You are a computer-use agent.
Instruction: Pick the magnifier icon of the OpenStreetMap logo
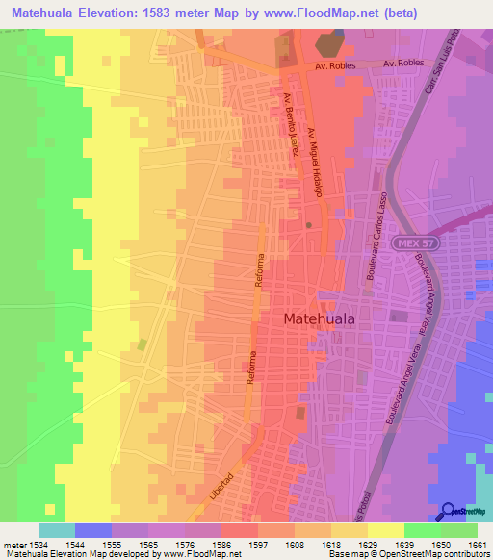449,512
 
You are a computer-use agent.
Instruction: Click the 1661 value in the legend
473,545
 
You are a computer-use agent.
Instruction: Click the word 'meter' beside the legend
13,545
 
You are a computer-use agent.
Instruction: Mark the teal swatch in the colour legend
57,530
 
